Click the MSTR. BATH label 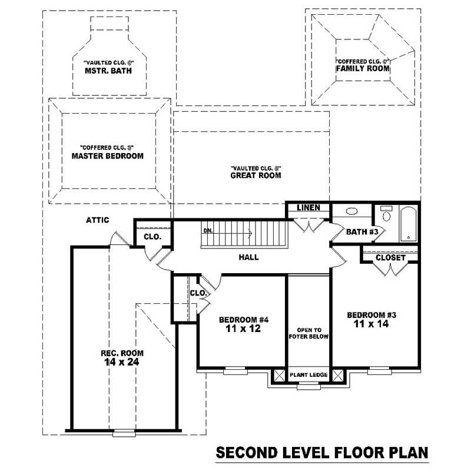[107, 71]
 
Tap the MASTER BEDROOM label [108, 156]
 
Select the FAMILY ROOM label [363, 68]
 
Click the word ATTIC [98, 220]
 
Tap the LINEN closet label [308, 208]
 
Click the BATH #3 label [361, 231]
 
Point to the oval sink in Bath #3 [351, 211]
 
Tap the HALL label [248, 257]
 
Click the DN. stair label [208, 230]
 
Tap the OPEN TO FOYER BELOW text [308, 333]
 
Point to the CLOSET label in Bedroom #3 [390, 257]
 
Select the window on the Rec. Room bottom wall [124, 433]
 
